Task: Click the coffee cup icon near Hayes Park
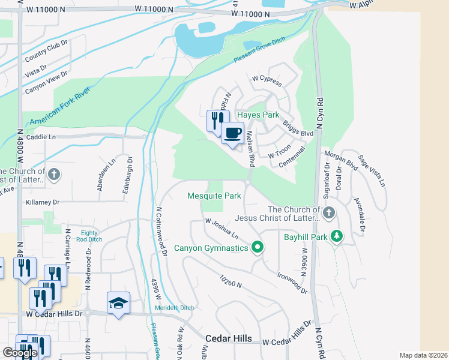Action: tap(232, 133)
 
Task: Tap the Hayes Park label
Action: tap(259, 114)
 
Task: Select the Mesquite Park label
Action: tap(214, 196)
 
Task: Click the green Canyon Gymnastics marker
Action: tap(258, 247)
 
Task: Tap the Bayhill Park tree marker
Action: tap(337, 236)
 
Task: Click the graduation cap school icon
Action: tap(118, 302)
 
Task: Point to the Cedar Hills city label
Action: tap(229, 339)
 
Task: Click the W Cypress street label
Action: tap(267, 79)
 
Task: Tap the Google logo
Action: tap(19, 352)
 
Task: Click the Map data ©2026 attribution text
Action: tap(423, 355)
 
